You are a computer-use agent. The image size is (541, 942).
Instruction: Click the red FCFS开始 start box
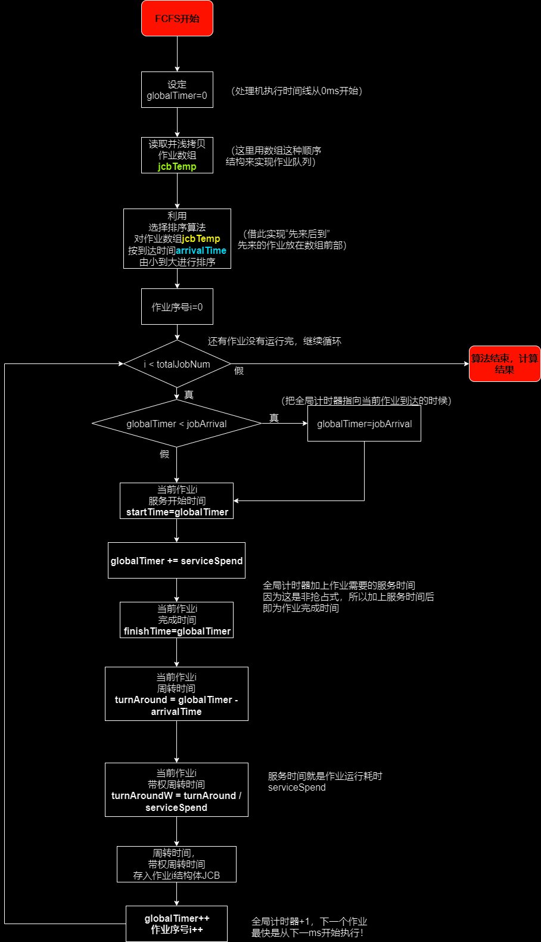click(177, 18)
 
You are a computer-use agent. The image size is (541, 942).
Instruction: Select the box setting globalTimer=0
click(177, 90)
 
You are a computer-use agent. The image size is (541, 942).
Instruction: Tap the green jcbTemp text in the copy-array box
click(177, 167)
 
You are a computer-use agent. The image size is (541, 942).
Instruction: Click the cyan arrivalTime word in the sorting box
click(201, 251)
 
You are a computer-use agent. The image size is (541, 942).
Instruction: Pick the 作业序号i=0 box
click(177, 307)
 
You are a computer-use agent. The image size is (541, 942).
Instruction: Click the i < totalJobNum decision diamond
click(177, 364)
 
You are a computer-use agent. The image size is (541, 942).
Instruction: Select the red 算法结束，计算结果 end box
click(504, 364)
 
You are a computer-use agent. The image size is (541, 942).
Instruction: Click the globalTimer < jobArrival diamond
click(177, 424)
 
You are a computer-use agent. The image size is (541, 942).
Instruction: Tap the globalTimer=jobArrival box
click(364, 424)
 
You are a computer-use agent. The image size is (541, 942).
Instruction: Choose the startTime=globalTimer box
click(177, 500)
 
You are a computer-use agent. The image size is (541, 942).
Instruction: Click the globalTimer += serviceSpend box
click(177, 561)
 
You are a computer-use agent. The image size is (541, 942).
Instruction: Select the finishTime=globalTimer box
click(177, 620)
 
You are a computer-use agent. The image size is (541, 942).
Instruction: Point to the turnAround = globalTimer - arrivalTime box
click(177, 694)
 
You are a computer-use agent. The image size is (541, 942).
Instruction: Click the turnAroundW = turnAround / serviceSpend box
click(177, 789)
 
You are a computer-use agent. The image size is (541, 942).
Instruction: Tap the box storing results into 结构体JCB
click(177, 864)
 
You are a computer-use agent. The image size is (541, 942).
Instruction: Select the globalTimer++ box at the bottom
click(177, 924)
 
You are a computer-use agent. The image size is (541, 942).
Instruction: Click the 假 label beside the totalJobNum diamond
click(239, 371)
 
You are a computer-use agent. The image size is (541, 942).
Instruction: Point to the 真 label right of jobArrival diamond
click(274, 418)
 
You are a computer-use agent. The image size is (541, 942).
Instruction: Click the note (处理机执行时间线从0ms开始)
click(297, 91)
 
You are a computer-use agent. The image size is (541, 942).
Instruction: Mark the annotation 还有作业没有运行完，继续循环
click(274, 341)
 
